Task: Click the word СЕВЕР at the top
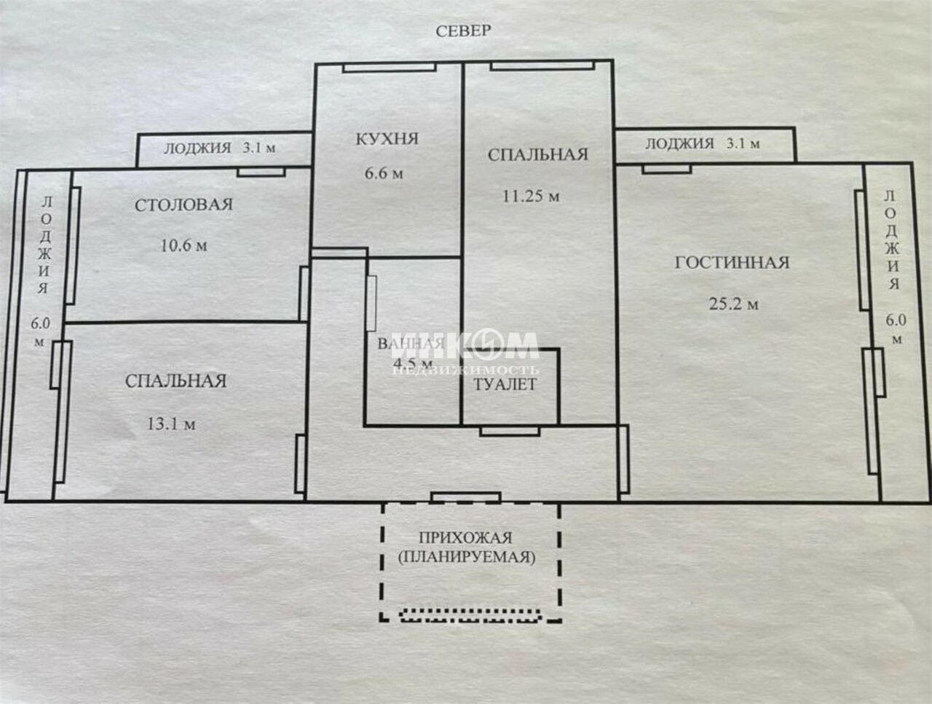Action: [x=463, y=31]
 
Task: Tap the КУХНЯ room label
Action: [x=387, y=139]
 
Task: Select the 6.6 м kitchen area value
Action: [x=384, y=173]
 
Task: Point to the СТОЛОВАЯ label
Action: [x=184, y=205]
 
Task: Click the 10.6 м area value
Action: [x=184, y=245]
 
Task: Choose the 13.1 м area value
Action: [x=171, y=424]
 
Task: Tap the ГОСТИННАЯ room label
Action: [x=732, y=263]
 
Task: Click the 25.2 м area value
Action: [x=733, y=304]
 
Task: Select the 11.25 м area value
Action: [x=532, y=196]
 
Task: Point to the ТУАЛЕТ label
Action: [x=505, y=384]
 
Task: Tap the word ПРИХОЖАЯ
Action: [x=466, y=538]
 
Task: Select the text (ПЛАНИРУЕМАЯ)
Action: [x=466, y=557]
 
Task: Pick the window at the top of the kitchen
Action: [x=390, y=68]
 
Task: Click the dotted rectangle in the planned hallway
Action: [x=471, y=616]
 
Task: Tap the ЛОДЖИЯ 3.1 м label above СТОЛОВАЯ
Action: [x=220, y=148]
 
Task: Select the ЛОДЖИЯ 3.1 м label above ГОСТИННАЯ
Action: [x=703, y=144]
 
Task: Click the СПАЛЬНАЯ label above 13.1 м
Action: [x=175, y=381]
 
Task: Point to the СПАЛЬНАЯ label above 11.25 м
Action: [x=538, y=155]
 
